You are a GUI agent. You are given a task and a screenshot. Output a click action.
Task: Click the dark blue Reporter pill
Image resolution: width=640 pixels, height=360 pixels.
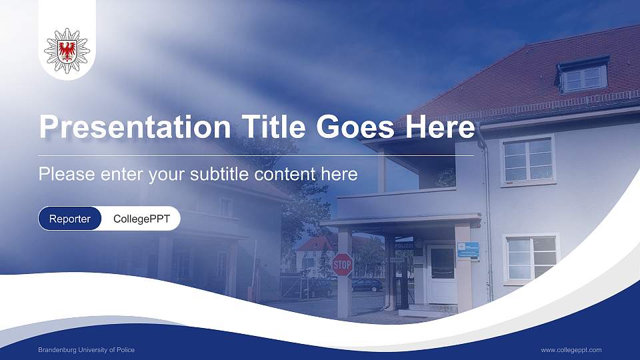70,219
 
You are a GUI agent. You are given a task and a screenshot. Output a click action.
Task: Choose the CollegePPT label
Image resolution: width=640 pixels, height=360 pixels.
141,219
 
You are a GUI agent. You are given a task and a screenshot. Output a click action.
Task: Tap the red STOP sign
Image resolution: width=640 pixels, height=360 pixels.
342,265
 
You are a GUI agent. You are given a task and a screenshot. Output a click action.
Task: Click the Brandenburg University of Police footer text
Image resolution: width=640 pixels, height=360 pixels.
87,350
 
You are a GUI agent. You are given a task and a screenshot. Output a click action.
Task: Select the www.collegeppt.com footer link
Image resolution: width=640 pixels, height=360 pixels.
571,350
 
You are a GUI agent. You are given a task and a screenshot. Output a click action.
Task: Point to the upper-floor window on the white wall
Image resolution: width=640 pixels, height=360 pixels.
527,161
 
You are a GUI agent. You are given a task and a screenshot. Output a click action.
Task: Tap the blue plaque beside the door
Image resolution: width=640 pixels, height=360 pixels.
469,249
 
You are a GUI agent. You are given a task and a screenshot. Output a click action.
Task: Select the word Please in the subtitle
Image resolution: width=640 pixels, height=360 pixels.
66,175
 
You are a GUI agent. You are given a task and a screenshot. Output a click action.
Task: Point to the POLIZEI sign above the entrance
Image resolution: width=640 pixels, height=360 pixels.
404,245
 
